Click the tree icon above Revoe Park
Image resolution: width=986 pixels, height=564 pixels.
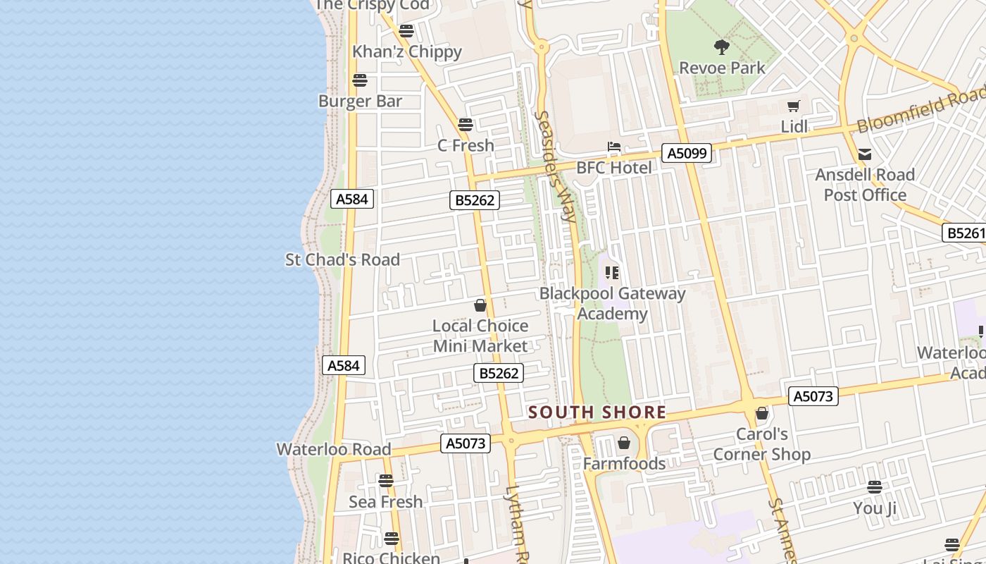[721, 47]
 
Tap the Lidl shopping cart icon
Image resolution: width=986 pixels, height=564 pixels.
[794, 106]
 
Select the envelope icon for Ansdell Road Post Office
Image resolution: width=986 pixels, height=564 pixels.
[865, 154]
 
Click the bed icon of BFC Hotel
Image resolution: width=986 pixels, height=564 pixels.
[614, 147]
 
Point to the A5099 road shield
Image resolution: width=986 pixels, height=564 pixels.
[687, 153]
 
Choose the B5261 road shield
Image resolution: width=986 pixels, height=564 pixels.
[963, 233]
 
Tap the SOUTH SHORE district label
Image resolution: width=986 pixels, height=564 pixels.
[597, 412]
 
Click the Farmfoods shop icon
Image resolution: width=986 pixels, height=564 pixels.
[623, 443]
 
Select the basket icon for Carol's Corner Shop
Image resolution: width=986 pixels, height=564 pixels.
[761, 413]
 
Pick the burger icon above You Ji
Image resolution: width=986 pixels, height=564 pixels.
[875, 487]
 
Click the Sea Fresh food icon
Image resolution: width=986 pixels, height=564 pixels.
[386, 481]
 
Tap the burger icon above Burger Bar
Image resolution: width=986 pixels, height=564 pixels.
[360, 80]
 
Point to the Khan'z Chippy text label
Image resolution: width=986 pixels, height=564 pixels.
[407, 51]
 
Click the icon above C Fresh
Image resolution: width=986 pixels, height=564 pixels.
[466, 125]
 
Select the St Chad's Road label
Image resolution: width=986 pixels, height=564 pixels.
[342, 259]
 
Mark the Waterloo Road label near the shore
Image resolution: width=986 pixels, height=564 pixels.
[333, 449]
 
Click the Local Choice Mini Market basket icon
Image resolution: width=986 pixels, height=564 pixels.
[480, 305]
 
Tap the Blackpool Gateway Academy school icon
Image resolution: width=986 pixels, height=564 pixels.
[612, 272]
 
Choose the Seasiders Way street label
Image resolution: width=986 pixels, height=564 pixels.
[556, 166]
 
